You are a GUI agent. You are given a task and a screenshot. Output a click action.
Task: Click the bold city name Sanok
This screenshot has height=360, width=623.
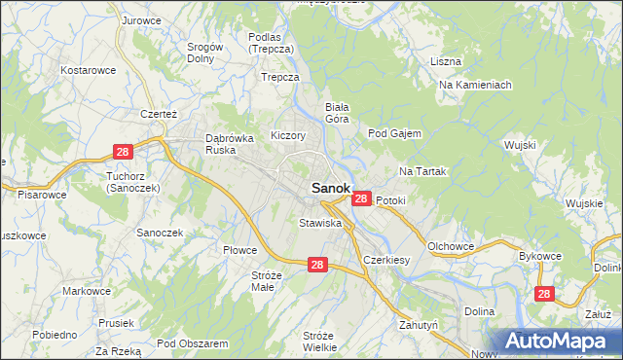pyautogui.click(x=330, y=188)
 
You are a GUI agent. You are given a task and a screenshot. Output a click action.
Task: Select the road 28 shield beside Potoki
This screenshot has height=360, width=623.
pyautogui.click(x=360, y=198)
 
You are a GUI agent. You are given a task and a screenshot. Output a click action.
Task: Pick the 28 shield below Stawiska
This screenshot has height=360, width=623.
pyautogui.click(x=317, y=264)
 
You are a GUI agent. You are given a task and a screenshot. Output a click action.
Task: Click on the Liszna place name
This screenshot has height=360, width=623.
pyautogui.click(x=445, y=61)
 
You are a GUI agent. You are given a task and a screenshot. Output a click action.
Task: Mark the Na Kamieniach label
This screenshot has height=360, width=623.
pyautogui.click(x=475, y=86)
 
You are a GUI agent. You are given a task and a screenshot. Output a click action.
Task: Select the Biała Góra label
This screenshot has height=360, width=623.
pyautogui.click(x=337, y=112)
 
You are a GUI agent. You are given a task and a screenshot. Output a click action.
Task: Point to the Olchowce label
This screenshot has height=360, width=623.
pyautogui.click(x=451, y=246)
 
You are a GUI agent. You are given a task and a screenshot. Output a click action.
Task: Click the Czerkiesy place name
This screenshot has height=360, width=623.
pyautogui.click(x=385, y=261)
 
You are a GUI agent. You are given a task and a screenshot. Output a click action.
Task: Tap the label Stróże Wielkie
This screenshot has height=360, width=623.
pyautogui.click(x=319, y=341)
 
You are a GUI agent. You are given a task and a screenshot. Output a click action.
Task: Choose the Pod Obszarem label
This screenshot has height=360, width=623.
pyautogui.click(x=192, y=343)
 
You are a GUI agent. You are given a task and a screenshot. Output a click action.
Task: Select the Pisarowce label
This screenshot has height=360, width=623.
pyautogui.click(x=42, y=195)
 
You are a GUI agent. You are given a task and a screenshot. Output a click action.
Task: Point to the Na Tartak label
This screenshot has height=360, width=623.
pyautogui.click(x=421, y=171)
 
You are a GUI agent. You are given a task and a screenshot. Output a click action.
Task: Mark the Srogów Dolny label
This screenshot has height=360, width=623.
pyautogui.click(x=205, y=52)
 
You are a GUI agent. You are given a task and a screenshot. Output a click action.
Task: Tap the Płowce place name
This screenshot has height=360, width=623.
pyautogui.click(x=239, y=250)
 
